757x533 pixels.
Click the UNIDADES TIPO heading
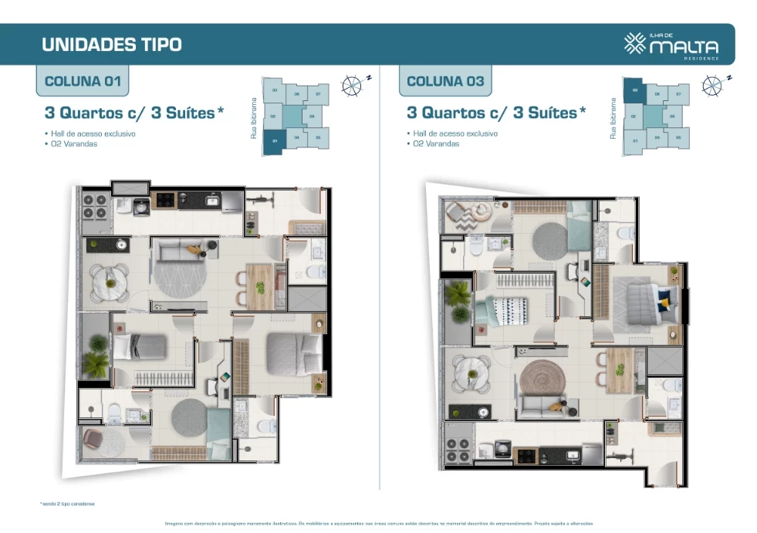pos(111,44)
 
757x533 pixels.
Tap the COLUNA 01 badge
pos(81,81)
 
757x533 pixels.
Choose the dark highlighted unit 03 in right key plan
pos(634,91)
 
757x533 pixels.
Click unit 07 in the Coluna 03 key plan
pos(678,94)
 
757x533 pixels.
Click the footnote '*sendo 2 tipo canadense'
pos(67,504)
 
